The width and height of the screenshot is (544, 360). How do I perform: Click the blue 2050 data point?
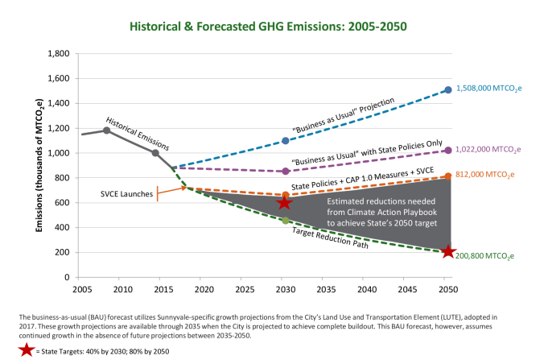447,90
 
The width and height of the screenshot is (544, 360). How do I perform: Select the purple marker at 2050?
447,151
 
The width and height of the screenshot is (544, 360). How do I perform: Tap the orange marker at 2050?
447,176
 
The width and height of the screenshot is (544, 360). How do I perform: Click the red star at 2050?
447,252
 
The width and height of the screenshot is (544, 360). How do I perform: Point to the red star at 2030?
284,203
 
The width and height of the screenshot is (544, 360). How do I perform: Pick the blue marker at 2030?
285,141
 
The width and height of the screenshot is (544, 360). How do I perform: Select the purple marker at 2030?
285,172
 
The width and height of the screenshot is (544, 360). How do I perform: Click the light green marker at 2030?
285,220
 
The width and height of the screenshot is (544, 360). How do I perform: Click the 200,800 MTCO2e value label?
486,256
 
